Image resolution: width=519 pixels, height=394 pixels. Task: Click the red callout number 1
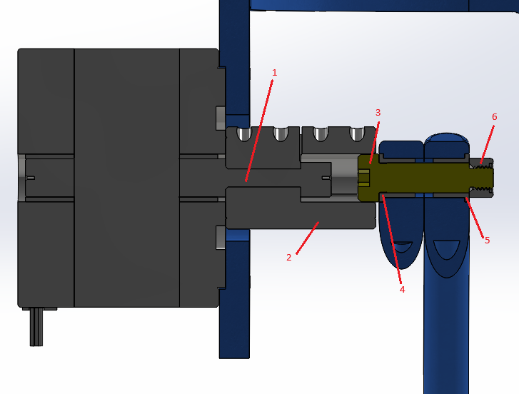(x=274, y=73)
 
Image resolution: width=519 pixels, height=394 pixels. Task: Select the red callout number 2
(x=288, y=258)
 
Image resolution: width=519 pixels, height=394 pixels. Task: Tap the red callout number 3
(x=378, y=113)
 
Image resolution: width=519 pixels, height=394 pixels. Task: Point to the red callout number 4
(x=402, y=290)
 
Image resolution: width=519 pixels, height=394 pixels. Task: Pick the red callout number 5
(x=487, y=241)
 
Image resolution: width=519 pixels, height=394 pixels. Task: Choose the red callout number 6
(x=494, y=117)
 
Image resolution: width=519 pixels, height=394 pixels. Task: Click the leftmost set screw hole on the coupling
(x=244, y=134)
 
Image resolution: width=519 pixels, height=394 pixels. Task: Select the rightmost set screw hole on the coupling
(x=356, y=134)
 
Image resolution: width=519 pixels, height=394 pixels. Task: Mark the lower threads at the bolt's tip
(x=483, y=191)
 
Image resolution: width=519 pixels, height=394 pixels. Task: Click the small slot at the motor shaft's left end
(x=30, y=178)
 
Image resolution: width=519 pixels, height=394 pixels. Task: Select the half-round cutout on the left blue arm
(x=403, y=247)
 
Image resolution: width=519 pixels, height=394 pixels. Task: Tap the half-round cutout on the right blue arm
(x=447, y=249)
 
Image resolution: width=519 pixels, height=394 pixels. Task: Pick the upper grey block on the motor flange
(x=219, y=118)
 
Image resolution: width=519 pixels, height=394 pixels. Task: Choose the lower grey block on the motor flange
(x=219, y=238)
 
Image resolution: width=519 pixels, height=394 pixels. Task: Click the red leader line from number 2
(x=307, y=237)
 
